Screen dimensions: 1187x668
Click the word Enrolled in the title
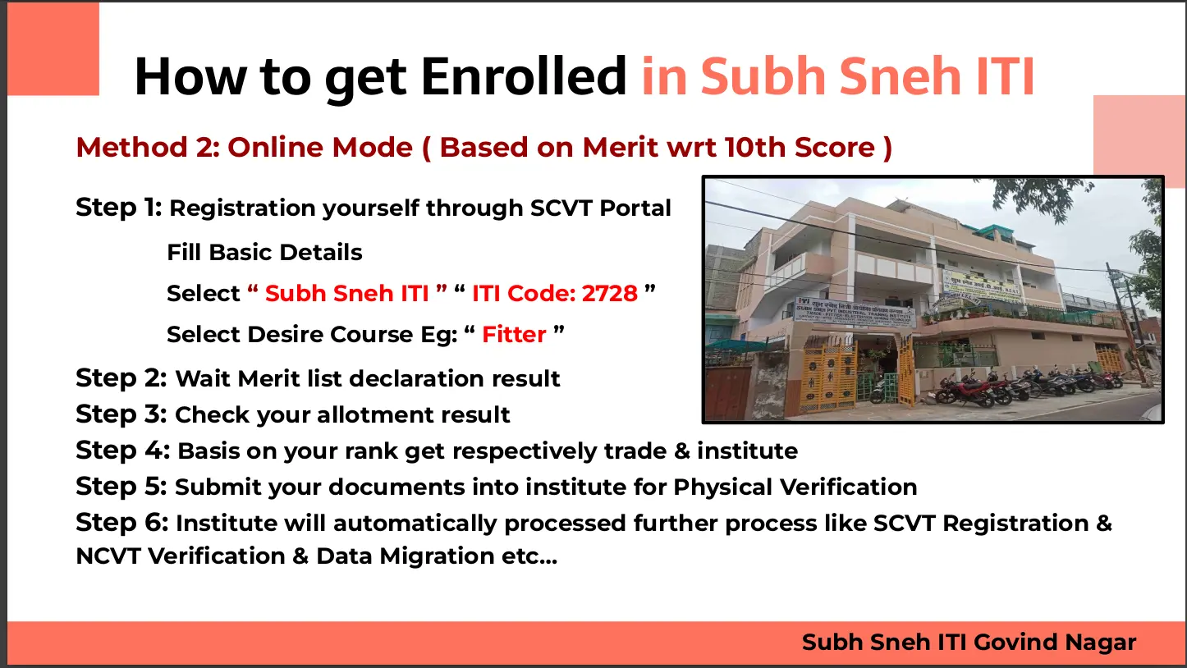[524, 76]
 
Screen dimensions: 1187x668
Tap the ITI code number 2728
[609, 294]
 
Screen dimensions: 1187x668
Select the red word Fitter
[514, 335]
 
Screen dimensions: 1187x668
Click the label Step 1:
[119, 207]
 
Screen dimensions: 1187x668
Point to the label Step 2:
[121, 378]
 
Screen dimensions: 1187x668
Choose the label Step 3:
[121, 414]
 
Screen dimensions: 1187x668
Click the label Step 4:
[123, 451]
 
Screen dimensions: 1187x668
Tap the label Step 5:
[121, 487]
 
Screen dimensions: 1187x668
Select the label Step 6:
[122, 522]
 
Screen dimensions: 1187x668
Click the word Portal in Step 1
[635, 208]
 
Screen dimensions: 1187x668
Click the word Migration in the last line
[438, 556]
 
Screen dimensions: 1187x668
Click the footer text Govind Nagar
[1055, 643]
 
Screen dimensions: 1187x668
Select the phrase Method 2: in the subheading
[148, 147]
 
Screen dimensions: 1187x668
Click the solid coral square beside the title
[53, 48]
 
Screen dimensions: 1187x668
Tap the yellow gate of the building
[827, 376]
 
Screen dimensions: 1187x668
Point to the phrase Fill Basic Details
[264, 253]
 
